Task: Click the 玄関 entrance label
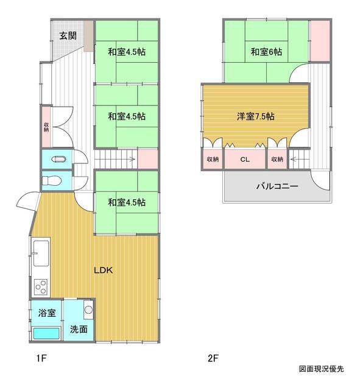tap(67, 35)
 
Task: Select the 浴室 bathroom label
tap(47, 314)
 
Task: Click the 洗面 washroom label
tap(79, 329)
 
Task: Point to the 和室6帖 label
tap(266, 52)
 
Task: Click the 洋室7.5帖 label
tap(255, 115)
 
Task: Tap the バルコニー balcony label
tap(277, 186)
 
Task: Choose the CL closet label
tap(245, 160)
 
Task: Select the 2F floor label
tap(211, 359)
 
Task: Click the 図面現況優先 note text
tap(321, 369)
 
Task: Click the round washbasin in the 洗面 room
tap(88, 310)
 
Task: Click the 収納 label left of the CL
tap(213, 160)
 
